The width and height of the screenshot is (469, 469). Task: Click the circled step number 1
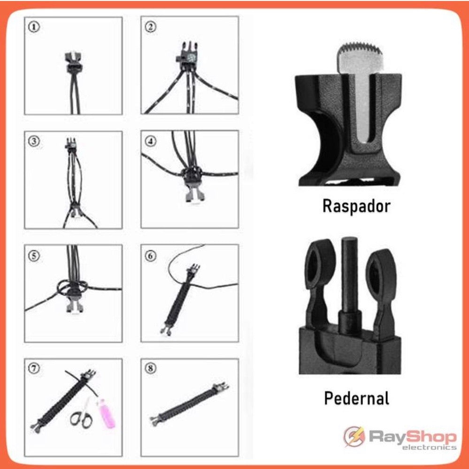[x=34, y=27]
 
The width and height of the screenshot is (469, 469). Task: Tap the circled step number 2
[x=150, y=27]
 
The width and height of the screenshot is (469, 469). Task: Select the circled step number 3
[x=34, y=141]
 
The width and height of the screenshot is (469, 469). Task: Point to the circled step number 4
[x=150, y=141]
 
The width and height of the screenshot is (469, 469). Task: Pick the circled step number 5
[x=34, y=256]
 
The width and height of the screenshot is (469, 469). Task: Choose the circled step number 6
[x=150, y=256]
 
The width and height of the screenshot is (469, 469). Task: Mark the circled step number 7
[x=34, y=368]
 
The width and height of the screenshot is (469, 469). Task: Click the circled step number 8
[x=150, y=368]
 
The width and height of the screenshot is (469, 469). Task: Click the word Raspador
[x=356, y=206]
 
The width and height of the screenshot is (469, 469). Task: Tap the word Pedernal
[x=356, y=398]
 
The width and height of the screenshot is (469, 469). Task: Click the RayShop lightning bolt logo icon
[x=354, y=437]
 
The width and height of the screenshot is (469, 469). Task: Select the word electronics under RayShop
[x=429, y=447]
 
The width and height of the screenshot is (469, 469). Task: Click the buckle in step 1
[x=73, y=62]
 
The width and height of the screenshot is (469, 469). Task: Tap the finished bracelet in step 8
[x=189, y=403]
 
